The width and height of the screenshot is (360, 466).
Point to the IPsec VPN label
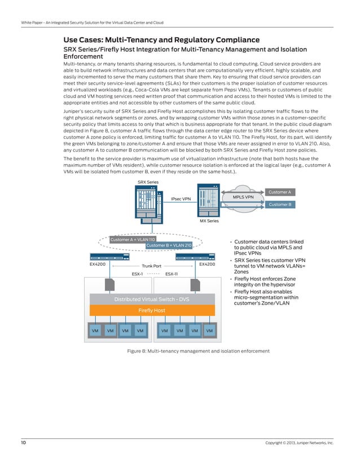coord(181,199)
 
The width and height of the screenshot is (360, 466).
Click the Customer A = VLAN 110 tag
coord(132,240)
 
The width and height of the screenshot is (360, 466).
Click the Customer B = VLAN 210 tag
coord(169,245)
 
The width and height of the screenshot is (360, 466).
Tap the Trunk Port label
coord(151,266)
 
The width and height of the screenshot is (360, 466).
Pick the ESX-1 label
coord(137,274)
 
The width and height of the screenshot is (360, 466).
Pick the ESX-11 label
coord(172,274)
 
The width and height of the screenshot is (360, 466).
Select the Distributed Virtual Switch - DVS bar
coord(151,300)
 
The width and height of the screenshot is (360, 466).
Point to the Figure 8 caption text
coord(198,351)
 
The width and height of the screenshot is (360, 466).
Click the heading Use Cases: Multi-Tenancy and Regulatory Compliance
coord(161,40)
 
